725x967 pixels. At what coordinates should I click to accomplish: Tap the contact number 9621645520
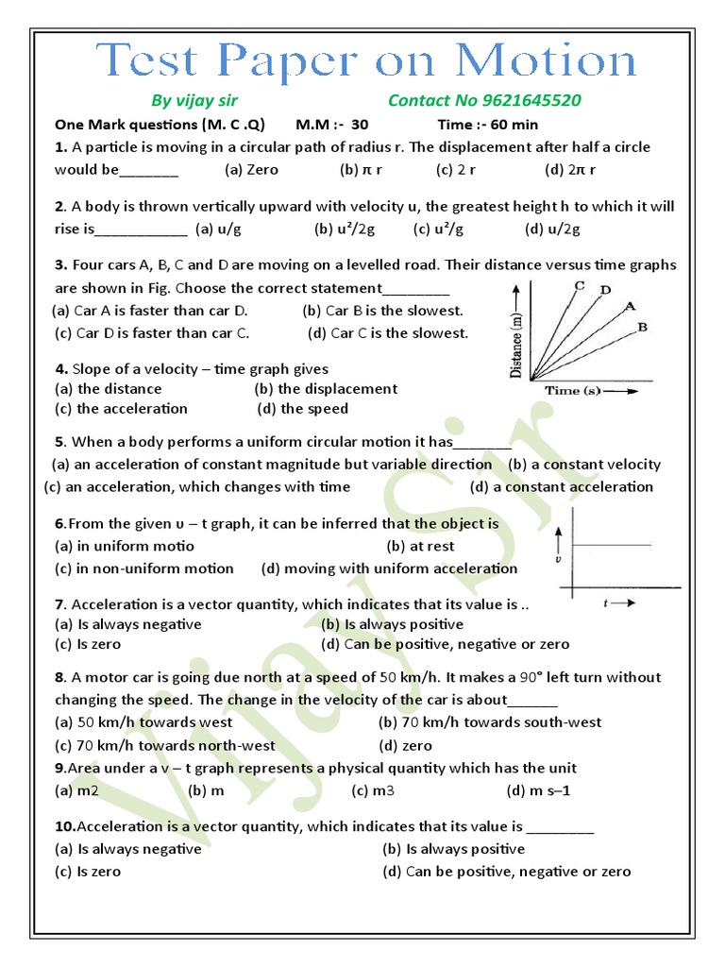(484, 100)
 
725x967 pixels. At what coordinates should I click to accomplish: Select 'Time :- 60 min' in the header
(488, 125)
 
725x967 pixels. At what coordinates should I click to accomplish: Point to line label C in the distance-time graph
(579, 285)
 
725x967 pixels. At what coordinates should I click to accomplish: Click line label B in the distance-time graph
(642, 327)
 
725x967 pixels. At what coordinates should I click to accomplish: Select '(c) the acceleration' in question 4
(121, 409)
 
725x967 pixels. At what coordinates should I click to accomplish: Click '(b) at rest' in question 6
(420, 546)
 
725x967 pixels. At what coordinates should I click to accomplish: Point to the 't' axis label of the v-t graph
(605, 602)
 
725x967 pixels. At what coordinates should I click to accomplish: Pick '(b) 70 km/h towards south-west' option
(489, 722)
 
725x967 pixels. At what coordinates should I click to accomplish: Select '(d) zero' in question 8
(402, 745)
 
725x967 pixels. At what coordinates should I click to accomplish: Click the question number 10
(64, 826)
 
